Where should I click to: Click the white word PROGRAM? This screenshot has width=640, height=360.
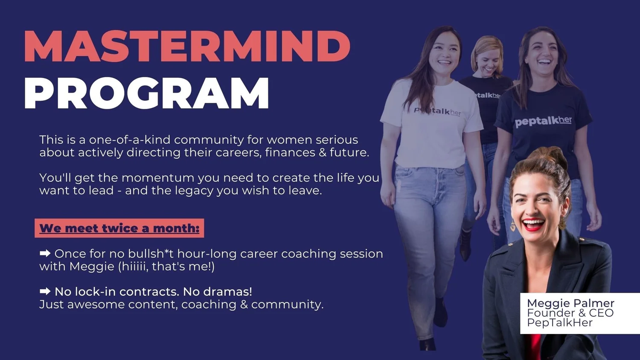146,94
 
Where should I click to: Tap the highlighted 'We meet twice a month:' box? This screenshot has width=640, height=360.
119,228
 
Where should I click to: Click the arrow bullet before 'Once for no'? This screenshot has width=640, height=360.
45,253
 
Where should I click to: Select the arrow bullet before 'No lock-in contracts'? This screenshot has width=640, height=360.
45,291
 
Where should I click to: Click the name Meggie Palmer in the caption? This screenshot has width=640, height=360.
570,303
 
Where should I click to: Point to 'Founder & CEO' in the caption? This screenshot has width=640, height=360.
570,313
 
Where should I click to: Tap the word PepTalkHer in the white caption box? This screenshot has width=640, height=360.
560,322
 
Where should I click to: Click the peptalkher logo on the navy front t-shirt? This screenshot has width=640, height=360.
543,121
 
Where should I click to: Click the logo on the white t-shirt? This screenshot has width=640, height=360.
437,111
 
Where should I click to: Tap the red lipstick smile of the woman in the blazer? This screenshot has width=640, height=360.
533,224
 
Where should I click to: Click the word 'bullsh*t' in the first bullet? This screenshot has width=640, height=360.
151,253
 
